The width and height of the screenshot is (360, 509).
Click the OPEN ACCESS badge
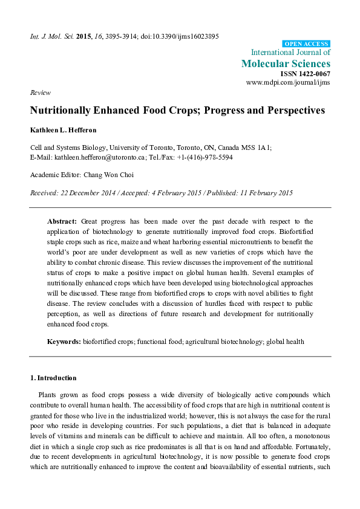tap(307, 44)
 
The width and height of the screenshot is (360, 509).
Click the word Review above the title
tap(39, 92)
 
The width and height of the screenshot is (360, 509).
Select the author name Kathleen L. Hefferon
tap(64, 130)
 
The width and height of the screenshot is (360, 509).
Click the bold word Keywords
tap(64, 342)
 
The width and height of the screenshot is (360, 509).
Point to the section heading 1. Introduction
tap(53, 378)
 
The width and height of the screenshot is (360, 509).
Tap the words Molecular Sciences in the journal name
tap(286, 63)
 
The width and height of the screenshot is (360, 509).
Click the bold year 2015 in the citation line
tap(84, 36)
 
